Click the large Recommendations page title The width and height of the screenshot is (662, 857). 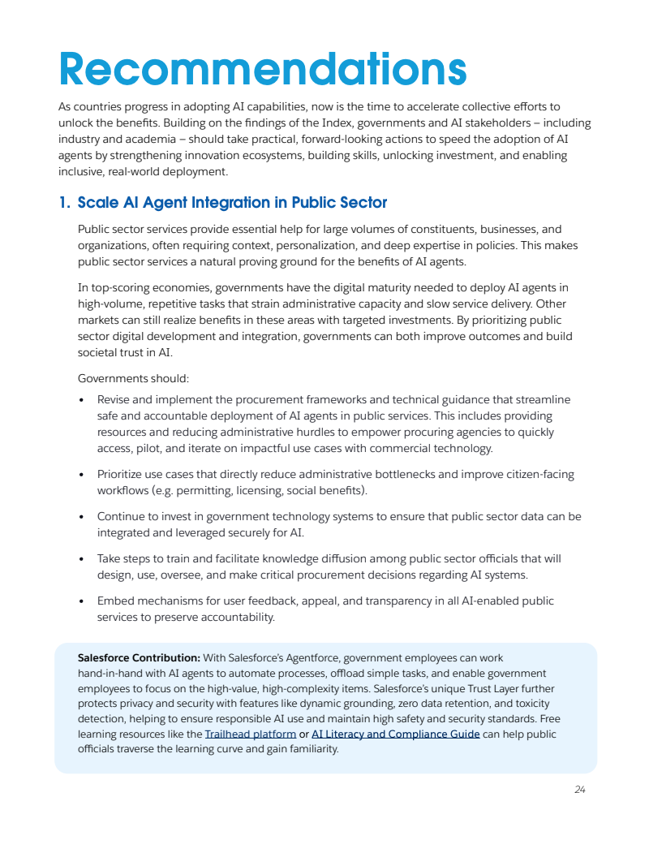point(262,69)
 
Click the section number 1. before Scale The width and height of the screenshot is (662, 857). point(64,203)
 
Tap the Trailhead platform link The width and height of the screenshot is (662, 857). point(250,734)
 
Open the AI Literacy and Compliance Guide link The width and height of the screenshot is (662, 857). point(395,734)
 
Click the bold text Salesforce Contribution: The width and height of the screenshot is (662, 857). point(139,657)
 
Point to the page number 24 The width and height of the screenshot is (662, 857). point(579,790)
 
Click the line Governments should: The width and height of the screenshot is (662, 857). point(133,378)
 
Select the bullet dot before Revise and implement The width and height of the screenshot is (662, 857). point(82,400)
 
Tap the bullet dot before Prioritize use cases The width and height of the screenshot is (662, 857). point(82,475)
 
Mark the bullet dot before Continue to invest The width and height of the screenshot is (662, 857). point(82,517)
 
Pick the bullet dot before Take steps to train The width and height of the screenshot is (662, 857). point(82,559)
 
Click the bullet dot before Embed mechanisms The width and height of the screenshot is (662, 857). point(82,601)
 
